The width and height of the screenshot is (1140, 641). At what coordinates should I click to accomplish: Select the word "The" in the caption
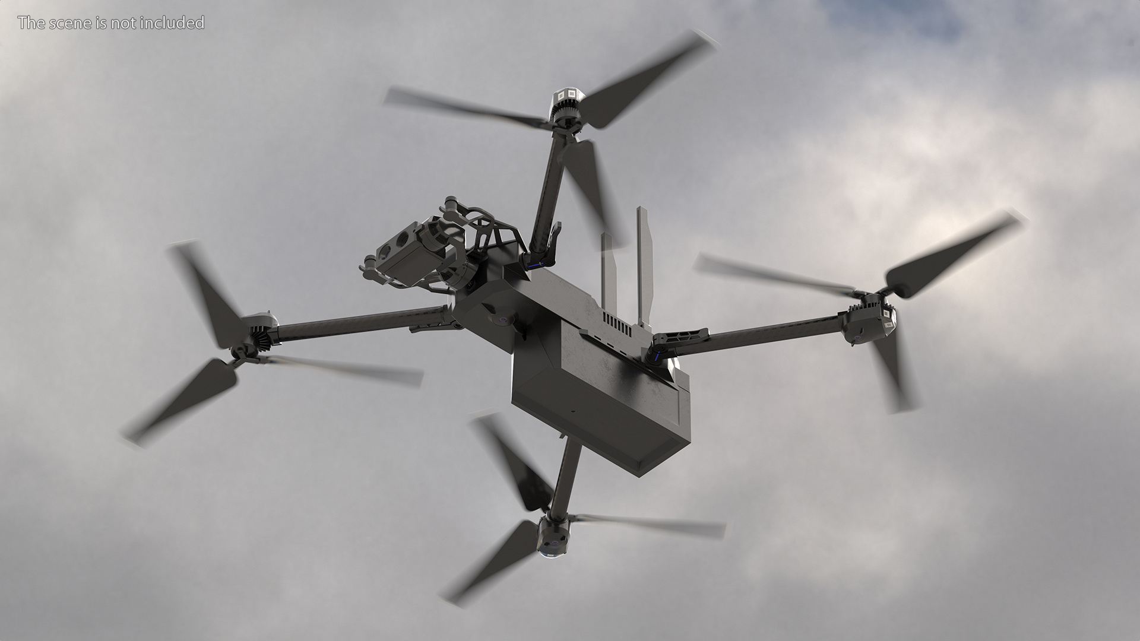30,23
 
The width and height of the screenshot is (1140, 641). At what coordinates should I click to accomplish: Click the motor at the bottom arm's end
553,535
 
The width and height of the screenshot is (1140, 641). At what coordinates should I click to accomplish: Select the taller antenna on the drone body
644,267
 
